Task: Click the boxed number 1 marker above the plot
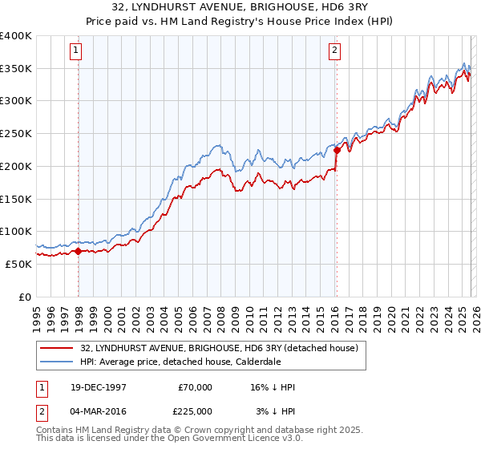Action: [78, 51]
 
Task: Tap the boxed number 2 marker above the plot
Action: [334, 51]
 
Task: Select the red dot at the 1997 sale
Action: [78, 251]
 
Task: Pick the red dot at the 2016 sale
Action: [337, 150]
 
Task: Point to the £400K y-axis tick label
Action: [16, 36]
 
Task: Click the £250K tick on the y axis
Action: [16, 134]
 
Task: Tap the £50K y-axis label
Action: [18, 264]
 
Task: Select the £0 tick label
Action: [25, 297]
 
